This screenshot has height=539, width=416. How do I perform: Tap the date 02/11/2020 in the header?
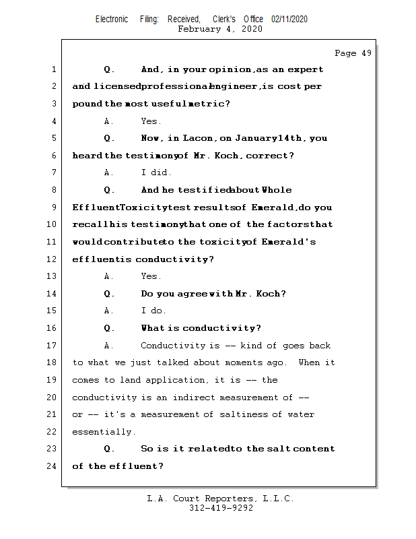pyautogui.click(x=289, y=20)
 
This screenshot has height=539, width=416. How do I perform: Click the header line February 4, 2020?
pyautogui.click(x=220, y=29)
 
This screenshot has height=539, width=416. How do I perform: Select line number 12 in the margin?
pyautogui.click(x=53, y=259)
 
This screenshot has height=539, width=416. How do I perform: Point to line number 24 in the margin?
pyautogui.click(x=53, y=466)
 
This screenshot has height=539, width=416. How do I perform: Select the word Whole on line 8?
pyautogui.click(x=277, y=190)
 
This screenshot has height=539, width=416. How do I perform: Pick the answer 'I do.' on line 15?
pyautogui.click(x=153, y=311)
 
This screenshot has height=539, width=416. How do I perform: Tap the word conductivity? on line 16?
pyautogui.click(x=222, y=328)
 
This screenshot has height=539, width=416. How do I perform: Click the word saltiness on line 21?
pyautogui.click(x=246, y=414)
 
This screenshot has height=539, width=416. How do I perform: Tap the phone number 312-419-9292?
pyautogui.click(x=221, y=508)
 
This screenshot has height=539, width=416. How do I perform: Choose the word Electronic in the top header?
pyautogui.click(x=112, y=20)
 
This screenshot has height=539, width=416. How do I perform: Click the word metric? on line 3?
pyautogui.click(x=207, y=104)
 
